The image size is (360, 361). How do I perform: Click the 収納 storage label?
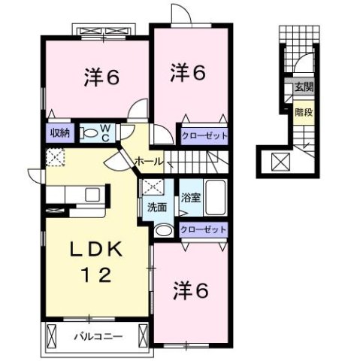click(x=59, y=133)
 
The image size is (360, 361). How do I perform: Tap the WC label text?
click(x=104, y=134)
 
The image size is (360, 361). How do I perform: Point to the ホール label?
click(x=149, y=161)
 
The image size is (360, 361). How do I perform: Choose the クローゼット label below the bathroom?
click(x=203, y=229)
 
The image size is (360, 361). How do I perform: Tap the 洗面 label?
click(x=156, y=208)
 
